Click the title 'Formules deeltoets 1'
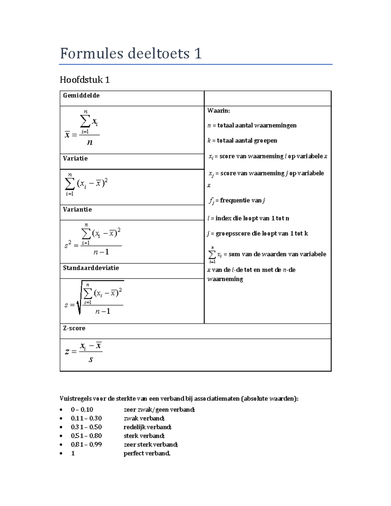pyautogui.click(x=131, y=53)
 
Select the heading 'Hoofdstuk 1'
pyautogui.click(x=85, y=80)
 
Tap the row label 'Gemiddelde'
pyautogui.click(x=81, y=95)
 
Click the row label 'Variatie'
pyautogui.click(x=75, y=158)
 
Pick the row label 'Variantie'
pyautogui.click(x=77, y=210)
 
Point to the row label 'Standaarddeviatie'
pyautogui.click(x=91, y=268)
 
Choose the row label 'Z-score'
pyautogui.click(x=74, y=328)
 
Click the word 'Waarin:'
pyautogui.click(x=219, y=110)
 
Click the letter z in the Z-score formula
pyautogui.click(x=66, y=352)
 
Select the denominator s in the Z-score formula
pyautogui.click(x=91, y=360)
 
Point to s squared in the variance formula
pyautogui.click(x=68, y=245)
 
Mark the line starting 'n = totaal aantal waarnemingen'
pyautogui.click(x=252, y=125)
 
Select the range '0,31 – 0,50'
pyautogui.click(x=86, y=427)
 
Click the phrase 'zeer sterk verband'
pyautogui.click(x=151, y=444)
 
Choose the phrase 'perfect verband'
pyautogui.click(x=147, y=453)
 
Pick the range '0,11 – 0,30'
pyautogui.click(x=86, y=418)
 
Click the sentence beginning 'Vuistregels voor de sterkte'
pyautogui.click(x=179, y=398)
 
